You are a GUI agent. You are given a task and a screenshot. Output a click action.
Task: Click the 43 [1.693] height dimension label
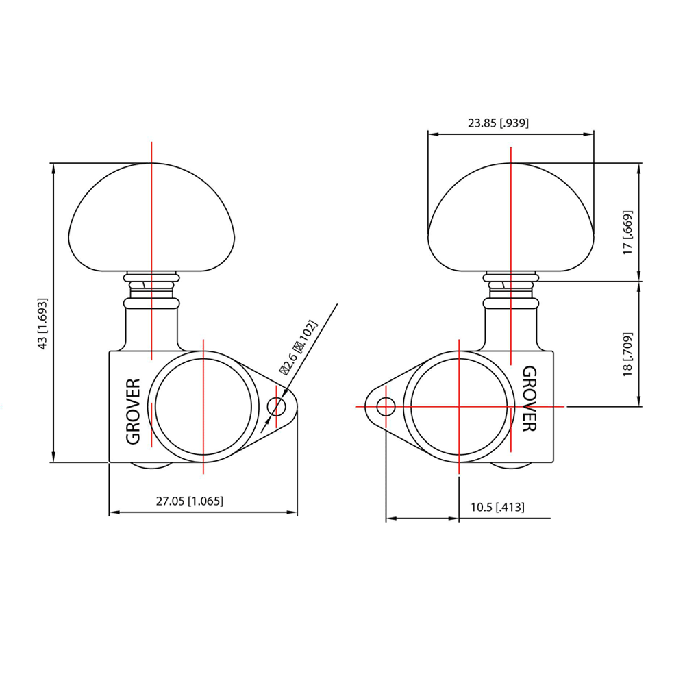tap(42, 324)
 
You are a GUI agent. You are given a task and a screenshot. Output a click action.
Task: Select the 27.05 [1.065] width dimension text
tap(190, 501)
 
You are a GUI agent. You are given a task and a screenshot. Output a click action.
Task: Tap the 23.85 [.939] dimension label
tap(498, 123)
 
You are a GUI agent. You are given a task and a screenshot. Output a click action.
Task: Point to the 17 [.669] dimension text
tap(627, 232)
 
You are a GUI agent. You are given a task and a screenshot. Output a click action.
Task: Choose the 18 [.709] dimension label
tap(627, 354)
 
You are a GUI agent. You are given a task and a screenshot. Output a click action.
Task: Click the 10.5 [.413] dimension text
tap(497, 507)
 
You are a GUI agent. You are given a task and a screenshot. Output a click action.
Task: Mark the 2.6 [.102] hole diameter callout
tap(299, 347)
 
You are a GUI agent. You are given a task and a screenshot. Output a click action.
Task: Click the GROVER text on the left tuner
tap(134, 411)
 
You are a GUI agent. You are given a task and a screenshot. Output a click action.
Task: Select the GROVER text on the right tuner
tap(530, 399)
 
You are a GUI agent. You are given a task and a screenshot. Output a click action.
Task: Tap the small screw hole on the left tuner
tap(276, 407)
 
